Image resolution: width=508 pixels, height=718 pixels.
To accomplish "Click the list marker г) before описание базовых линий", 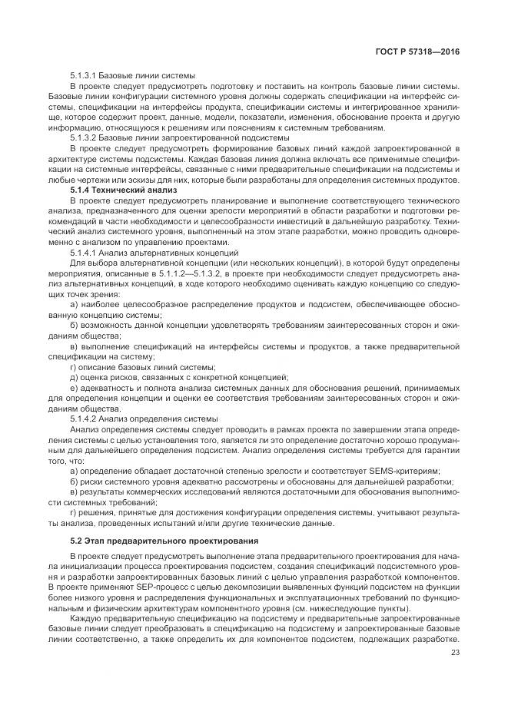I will tap(74, 367).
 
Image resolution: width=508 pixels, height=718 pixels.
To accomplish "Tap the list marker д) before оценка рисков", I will tap(74, 377).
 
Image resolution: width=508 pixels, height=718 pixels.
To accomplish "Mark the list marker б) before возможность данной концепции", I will tap(74, 326).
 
